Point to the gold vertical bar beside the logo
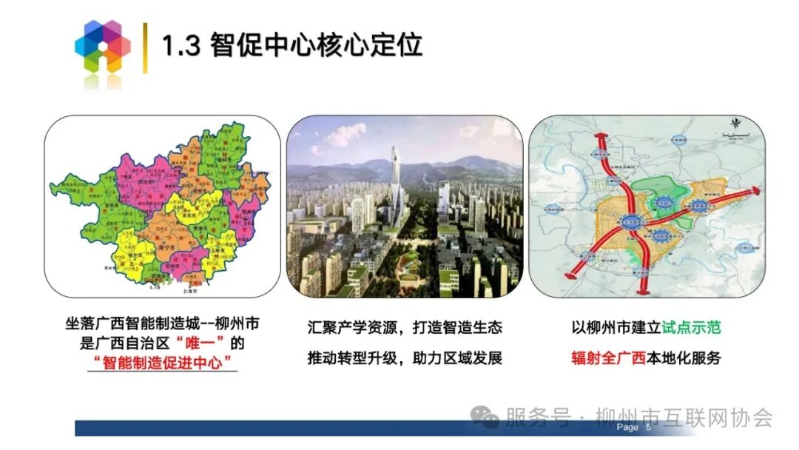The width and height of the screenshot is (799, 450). pyautogui.click(x=145, y=47)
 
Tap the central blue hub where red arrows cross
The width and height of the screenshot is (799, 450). pyautogui.click(x=631, y=221)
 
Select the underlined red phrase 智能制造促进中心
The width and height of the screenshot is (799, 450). pyautogui.click(x=162, y=363)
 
